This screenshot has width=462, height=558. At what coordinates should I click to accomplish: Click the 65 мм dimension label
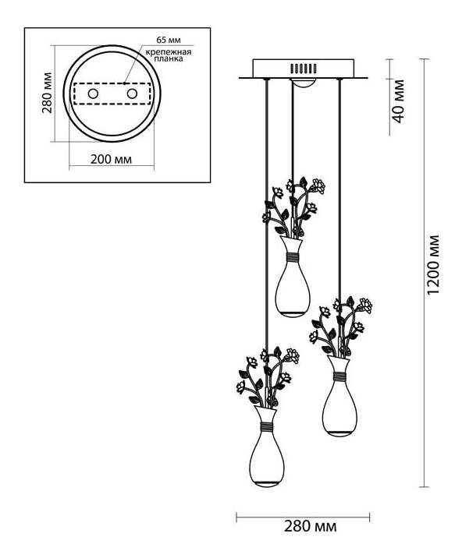click(169, 40)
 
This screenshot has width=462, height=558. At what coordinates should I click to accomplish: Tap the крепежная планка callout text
click(169, 55)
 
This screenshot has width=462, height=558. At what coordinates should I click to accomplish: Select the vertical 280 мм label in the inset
click(47, 93)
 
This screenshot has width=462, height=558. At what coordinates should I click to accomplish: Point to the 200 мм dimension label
click(111, 160)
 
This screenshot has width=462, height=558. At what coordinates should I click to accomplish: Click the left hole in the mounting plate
click(93, 94)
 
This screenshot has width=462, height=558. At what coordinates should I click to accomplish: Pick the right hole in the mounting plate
click(132, 94)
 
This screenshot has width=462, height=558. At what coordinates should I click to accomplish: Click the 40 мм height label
click(399, 101)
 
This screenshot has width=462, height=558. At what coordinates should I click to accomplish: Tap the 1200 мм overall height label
click(433, 265)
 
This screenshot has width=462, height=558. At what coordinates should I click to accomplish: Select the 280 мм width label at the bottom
click(310, 526)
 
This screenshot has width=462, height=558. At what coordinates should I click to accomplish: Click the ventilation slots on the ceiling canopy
click(303, 68)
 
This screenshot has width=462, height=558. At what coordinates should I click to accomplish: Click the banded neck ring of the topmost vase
click(293, 257)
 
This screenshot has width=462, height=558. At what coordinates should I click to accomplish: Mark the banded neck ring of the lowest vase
click(267, 426)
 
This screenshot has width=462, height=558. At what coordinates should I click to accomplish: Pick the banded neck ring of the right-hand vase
click(339, 376)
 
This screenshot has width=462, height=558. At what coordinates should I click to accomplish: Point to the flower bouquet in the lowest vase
click(268, 376)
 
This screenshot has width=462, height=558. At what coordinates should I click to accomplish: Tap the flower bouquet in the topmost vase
click(293, 207)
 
